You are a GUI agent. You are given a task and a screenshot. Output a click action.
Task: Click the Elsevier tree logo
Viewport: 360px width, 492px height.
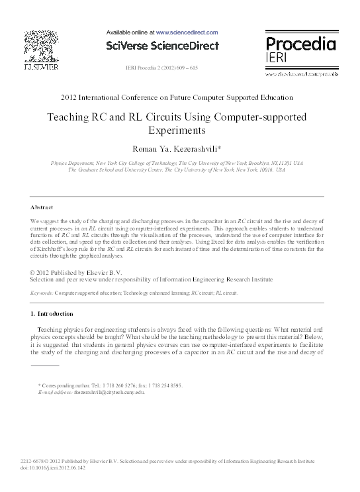pyautogui.click(x=40, y=46)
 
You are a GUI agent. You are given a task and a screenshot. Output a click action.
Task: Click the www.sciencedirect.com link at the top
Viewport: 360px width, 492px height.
pyautogui.click(x=187, y=32)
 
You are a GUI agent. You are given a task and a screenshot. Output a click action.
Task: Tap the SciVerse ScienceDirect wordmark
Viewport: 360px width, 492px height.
pyautogui.click(x=162, y=46)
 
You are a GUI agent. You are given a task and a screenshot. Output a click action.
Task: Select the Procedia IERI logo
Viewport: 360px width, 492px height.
pyautogui.click(x=300, y=50)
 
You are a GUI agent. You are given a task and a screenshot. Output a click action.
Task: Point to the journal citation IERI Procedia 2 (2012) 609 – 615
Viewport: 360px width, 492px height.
pyautogui.click(x=161, y=68)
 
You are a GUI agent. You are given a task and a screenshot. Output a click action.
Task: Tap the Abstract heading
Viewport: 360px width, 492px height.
pyautogui.click(x=42, y=207)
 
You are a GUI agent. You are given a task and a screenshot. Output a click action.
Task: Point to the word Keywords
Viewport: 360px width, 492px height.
pyautogui.click(x=42, y=292)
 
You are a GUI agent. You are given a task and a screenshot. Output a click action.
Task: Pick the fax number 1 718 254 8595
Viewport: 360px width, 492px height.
pyautogui.click(x=159, y=385)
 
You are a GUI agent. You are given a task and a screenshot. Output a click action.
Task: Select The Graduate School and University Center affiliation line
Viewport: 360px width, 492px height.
pyautogui.click(x=177, y=170)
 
